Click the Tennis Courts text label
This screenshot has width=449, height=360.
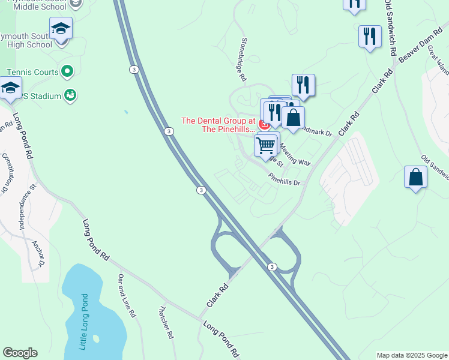pyautogui.click(x=32, y=72)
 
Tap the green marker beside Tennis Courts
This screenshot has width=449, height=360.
pyautogui.click(x=67, y=72)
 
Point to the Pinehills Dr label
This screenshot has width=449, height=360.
pyautogui.click(x=285, y=179)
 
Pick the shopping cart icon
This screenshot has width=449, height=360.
pyautogui.click(x=265, y=145)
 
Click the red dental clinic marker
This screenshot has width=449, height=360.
pyautogui.click(x=264, y=124)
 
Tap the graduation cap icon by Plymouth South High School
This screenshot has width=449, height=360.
pyautogui.click(x=61, y=28)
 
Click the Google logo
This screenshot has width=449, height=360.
pyautogui.click(x=20, y=353)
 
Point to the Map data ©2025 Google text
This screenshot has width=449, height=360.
pyautogui.click(x=411, y=355)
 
